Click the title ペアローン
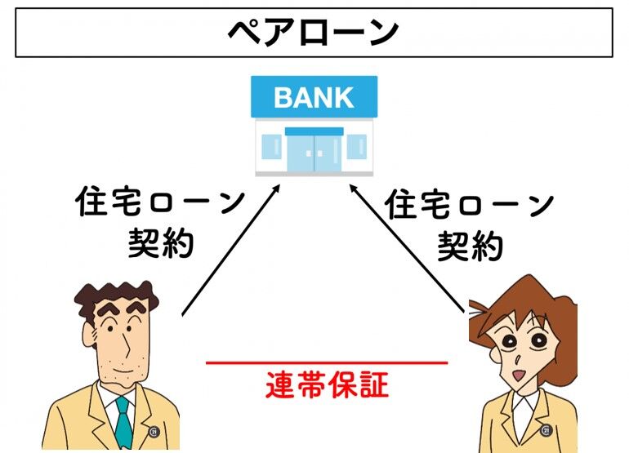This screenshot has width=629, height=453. click(314, 33)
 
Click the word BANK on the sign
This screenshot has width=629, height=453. click(314, 97)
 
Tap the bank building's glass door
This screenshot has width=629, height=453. click(314, 150)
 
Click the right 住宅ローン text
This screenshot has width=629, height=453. click(470, 204)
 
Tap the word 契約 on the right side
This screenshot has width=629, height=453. click(470, 245)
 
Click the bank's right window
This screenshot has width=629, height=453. click(357, 148)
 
